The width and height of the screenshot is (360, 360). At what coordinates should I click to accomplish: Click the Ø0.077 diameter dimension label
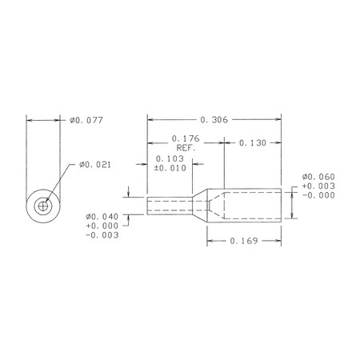pos(86,120)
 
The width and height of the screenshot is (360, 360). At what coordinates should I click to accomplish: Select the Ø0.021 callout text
pos(94,165)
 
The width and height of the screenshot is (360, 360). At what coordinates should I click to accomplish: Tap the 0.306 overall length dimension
pos(214,120)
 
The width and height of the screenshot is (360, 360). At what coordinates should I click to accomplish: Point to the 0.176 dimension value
pos(186,138)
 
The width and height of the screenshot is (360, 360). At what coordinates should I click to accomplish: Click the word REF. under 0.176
pos(186,148)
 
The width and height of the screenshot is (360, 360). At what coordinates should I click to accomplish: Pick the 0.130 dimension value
pos(253,143)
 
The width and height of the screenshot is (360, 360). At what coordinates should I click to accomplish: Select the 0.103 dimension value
pos(170,159)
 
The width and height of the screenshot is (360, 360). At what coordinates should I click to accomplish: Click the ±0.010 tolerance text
pos(170,168)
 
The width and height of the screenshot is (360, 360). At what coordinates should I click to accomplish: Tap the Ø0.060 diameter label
pos(318,177)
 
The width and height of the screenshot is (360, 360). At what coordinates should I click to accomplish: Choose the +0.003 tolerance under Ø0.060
pos(318,186)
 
